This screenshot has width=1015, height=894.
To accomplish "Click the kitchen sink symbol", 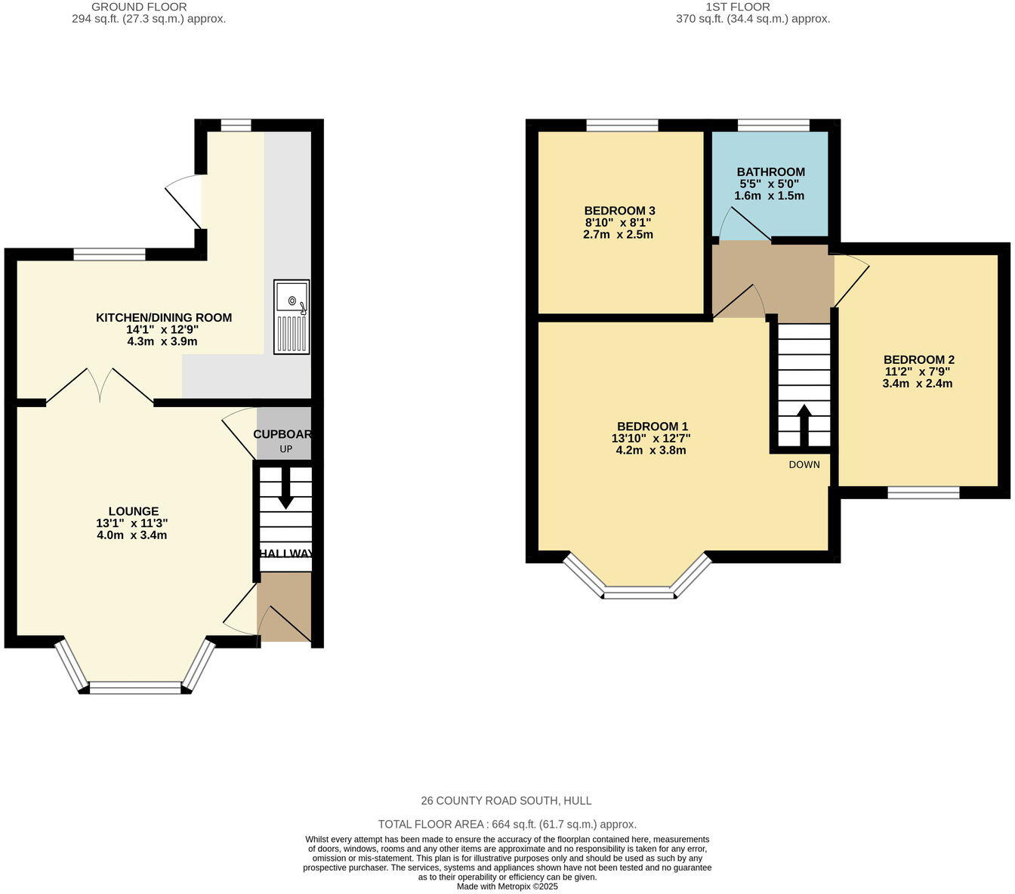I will tap(292, 317).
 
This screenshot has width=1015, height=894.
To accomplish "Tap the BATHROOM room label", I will tap(770, 171).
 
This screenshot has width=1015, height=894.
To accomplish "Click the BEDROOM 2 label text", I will tap(918, 359).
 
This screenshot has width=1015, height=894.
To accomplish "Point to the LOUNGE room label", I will tap(134, 511).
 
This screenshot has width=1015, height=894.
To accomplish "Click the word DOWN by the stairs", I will tap(804, 464).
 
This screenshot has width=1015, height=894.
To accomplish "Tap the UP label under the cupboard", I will tap(285, 449).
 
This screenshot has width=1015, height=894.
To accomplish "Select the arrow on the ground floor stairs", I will tap(285, 489).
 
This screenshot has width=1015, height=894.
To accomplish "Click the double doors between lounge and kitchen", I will tap(100, 385).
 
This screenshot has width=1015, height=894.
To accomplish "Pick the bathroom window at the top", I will tap(773, 125).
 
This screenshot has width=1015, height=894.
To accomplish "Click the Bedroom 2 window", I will tap(923, 493).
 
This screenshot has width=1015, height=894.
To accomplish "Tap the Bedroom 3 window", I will tap(622, 125).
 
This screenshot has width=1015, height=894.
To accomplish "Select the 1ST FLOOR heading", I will tap(738, 7).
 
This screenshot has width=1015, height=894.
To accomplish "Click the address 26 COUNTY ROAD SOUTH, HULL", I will tap(507, 800).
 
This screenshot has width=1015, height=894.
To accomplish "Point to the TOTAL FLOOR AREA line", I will tap(507, 825).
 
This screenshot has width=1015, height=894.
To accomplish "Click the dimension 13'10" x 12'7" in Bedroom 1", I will tap(651, 438).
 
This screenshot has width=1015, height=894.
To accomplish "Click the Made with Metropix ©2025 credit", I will tap(507, 886).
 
